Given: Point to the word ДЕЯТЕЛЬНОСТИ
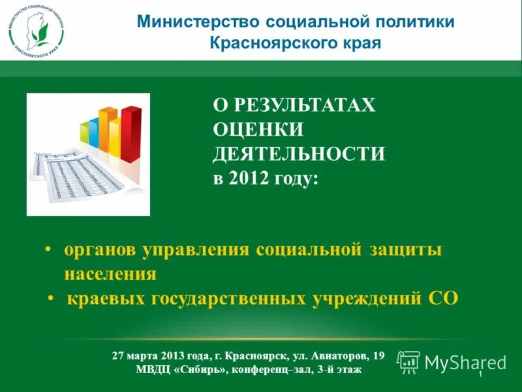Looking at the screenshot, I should click(x=299, y=154).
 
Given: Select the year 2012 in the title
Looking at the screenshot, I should click(x=245, y=178).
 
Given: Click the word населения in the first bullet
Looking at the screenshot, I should click(x=110, y=274).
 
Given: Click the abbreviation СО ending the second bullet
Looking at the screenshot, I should click(x=443, y=299).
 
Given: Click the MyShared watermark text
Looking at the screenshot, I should click(x=465, y=363).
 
